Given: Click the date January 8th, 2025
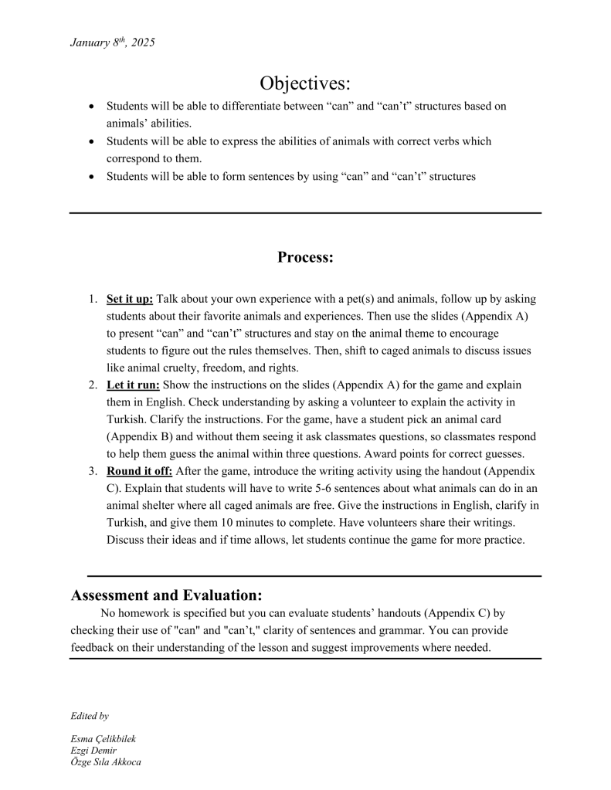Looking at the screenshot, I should tap(112, 42).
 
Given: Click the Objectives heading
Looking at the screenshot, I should tap(305, 83).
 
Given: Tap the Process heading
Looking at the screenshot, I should tap(305, 257).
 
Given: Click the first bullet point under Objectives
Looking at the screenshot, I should tap(93, 107).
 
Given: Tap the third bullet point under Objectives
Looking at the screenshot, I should tap(93, 177).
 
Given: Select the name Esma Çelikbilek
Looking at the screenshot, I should tap(103, 739).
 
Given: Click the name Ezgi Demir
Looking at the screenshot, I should tap(93, 751).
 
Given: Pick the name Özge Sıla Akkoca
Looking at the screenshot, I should tap(106, 762).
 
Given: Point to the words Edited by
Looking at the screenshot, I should tap(90, 716).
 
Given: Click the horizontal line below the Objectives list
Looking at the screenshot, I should tap(305, 212).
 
